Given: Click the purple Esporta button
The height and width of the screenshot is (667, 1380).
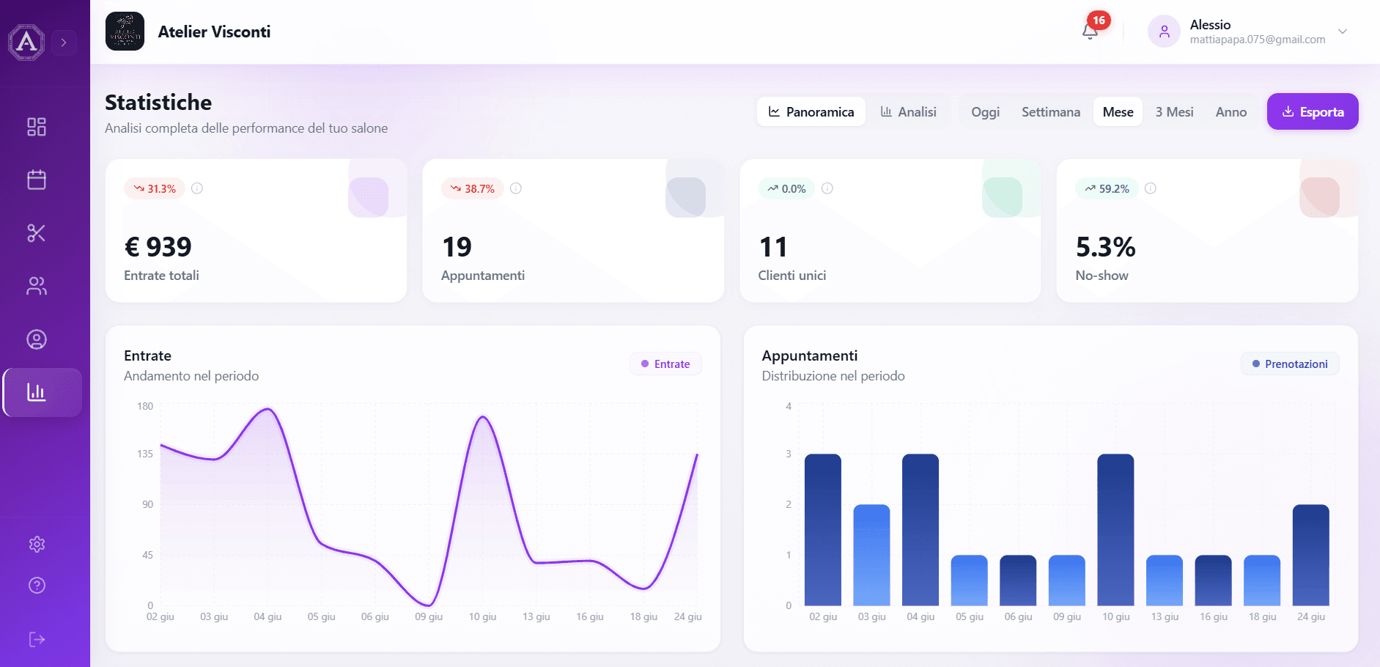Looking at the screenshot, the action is [1313, 111].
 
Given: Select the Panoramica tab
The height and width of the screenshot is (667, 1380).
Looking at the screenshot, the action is [811, 111].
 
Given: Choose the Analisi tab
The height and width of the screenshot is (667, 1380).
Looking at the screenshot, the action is [908, 111].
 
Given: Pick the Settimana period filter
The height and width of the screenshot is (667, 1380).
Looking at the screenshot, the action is [1051, 111].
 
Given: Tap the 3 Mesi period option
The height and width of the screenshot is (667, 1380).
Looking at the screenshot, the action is [1174, 111].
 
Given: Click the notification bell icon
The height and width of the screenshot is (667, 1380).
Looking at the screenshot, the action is [1090, 31].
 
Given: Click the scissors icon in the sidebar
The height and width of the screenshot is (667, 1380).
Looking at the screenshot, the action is [37, 233].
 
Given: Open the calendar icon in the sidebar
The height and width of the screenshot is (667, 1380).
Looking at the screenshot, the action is [37, 180].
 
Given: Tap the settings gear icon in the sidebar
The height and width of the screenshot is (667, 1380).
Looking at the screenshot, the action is [37, 544].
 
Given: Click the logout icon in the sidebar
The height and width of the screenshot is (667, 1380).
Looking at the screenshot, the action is [37, 639].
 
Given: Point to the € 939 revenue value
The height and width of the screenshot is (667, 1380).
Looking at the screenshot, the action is [158, 247].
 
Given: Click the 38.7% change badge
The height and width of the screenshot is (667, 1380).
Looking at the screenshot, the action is [472, 188].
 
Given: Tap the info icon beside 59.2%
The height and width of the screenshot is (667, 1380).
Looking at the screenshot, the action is [1151, 188].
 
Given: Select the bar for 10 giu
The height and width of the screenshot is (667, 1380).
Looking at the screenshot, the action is [1115, 530].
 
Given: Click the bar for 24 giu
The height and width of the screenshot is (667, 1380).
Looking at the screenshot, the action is [1311, 555].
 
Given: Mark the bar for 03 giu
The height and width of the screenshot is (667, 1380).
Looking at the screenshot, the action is [871, 555].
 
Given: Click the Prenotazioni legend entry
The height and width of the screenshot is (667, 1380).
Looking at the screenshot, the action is [1290, 364].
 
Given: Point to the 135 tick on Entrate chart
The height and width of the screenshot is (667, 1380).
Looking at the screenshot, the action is [145, 454].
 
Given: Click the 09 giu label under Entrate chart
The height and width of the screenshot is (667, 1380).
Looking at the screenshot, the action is [429, 616].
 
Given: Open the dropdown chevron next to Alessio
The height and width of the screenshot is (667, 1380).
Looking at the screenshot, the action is [1343, 32].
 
